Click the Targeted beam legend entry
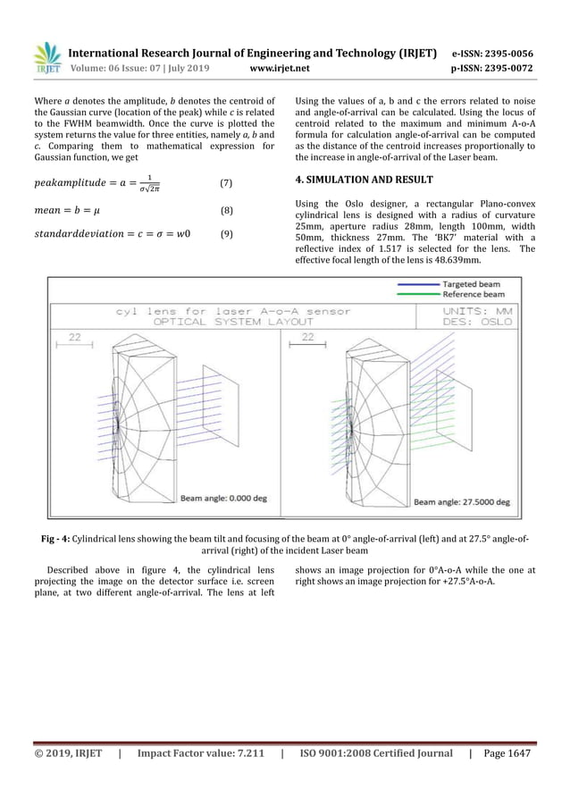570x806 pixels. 473,283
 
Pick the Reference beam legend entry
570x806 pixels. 473,293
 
